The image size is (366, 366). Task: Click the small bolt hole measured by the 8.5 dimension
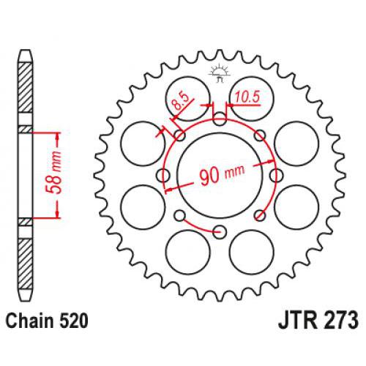[x=180, y=135]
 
